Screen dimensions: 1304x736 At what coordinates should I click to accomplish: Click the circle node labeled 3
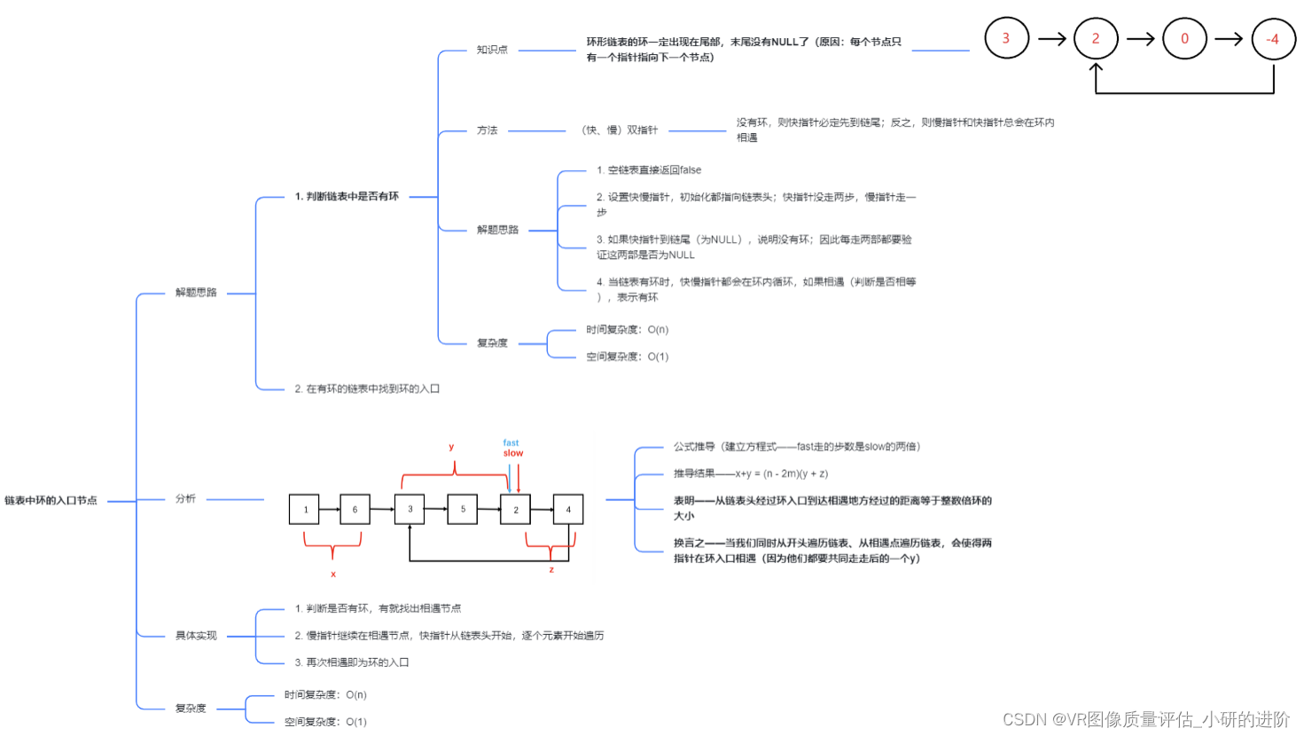coord(1006,38)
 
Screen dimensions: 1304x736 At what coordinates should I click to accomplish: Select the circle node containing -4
coord(1273,39)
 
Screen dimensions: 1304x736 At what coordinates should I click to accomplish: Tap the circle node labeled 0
coord(1184,39)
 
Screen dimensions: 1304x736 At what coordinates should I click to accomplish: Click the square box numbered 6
coord(355,509)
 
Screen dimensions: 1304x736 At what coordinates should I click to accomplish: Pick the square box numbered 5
coord(463,509)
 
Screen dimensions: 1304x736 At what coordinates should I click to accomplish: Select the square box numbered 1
coord(305,509)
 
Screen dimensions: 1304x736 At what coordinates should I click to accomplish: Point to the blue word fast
coord(511,442)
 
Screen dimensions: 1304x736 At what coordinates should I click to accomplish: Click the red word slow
coord(513,453)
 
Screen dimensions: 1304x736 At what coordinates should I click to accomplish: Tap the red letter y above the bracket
coord(451,447)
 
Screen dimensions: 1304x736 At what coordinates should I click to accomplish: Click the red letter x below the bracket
coord(333,575)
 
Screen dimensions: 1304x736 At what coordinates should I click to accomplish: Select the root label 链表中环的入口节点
coord(51,501)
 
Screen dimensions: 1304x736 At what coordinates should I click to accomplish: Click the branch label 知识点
coord(492,50)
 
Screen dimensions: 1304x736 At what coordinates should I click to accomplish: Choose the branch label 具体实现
coord(196,636)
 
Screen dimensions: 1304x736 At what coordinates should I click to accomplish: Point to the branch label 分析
coord(185,499)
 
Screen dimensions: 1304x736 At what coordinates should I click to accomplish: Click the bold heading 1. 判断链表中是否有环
coord(347,197)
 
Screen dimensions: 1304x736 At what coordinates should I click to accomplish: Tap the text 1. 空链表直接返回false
coord(649,170)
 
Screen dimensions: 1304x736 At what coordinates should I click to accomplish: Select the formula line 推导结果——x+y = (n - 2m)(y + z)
coord(751,474)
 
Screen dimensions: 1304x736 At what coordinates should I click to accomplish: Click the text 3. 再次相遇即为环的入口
coord(352,662)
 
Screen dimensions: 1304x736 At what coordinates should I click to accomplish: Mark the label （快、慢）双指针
coord(619,130)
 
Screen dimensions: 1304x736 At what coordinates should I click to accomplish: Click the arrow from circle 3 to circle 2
coord(1051,39)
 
